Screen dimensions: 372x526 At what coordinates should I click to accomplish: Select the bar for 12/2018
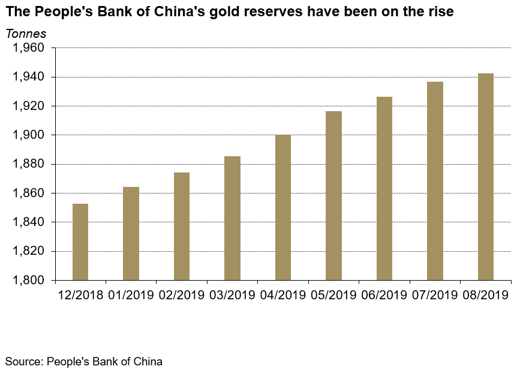coord(80,242)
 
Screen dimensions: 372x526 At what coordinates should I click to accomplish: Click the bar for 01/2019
coord(131,233)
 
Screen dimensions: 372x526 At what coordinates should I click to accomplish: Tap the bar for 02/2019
coord(182,226)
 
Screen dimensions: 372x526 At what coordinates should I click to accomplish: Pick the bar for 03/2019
coord(232,218)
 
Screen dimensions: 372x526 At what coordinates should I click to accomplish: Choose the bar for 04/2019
coord(283,207)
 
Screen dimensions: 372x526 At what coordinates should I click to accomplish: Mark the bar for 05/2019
coord(333,195)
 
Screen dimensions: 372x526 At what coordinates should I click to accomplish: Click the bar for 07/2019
coord(435,181)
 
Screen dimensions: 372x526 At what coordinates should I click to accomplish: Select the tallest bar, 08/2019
coord(486,177)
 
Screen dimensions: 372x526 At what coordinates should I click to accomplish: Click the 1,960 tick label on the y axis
coord(29,48)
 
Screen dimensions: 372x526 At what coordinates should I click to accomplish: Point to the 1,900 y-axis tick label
coord(29,135)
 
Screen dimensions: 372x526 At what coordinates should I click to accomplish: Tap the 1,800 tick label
coord(29,280)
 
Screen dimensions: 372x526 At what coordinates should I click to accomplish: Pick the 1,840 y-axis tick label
coord(29,222)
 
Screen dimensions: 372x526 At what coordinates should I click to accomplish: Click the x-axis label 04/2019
coord(283,295)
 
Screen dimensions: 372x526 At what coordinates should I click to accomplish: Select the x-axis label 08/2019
coord(486,295)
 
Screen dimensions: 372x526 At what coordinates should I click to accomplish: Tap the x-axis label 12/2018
coord(80,295)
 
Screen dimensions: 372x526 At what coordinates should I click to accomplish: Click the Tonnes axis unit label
coord(26,34)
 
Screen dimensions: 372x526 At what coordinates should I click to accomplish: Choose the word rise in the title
coord(440,12)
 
